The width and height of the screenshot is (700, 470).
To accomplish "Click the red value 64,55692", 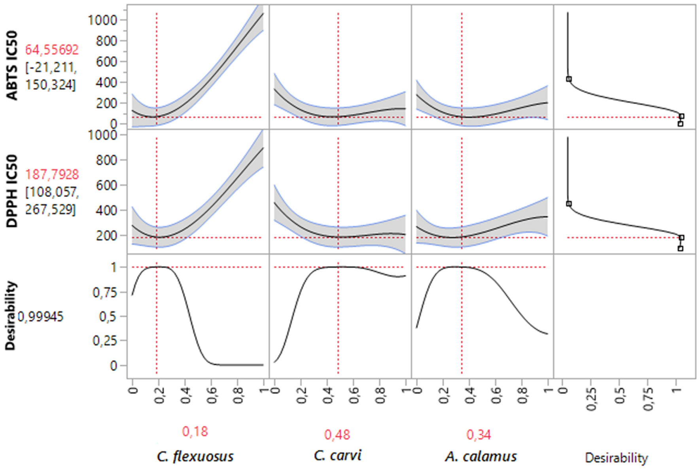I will pyautogui.click(x=52, y=50).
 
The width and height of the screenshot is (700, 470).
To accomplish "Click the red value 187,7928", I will pyautogui.click(x=52, y=174).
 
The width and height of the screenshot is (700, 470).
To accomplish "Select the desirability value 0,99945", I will pyautogui.click(x=41, y=317).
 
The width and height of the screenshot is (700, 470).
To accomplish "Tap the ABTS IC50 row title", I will pyautogui.click(x=12, y=65).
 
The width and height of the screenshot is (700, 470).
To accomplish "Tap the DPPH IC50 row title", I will pyautogui.click(x=12, y=191).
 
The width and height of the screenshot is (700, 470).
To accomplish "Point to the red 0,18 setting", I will pyautogui.click(x=195, y=432).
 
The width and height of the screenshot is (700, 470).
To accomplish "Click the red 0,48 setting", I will pyautogui.click(x=337, y=435).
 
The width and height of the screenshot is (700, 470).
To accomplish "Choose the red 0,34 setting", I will pyautogui.click(x=479, y=435).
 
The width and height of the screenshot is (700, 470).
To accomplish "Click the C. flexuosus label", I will pyautogui.click(x=195, y=457).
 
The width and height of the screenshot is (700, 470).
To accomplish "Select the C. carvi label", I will pyautogui.click(x=337, y=455).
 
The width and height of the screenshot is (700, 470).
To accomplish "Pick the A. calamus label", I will pyautogui.click(x=481, y=457).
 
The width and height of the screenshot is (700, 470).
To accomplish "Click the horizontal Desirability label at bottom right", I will pyautogui.click(x=616, y=458).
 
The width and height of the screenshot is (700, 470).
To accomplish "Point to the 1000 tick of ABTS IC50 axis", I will pyautogui.click(x=102, y=20).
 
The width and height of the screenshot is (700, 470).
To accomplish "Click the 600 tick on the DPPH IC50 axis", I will pyautogui.click(x=106, y=185).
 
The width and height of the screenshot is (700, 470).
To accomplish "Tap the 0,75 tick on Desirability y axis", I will pyautogui.click(x=105, y=292).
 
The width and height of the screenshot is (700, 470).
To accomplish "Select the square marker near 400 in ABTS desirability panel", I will pyautogui.click(x=569, y=79).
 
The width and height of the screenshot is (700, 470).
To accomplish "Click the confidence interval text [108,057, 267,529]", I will pyautogui.click(x=52, y=201).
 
